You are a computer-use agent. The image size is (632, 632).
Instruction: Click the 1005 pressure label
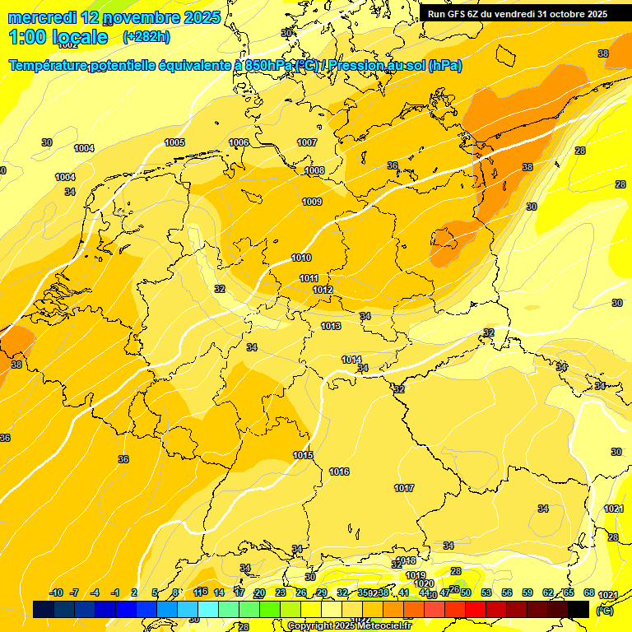pyautogui.click(x=174, y=142)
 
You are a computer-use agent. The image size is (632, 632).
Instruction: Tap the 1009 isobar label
pyautogui.click(x=312, y=202)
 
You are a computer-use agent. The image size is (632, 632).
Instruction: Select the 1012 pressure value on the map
pyautogui.click(x=323, y=290)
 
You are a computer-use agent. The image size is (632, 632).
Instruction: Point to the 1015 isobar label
pyautogui.click(x=303, y=455)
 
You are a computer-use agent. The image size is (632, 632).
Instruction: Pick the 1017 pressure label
pyautogui.click(x=404, y=488)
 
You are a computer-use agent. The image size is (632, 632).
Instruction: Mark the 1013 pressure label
pyautogui.click(x=332, y=327)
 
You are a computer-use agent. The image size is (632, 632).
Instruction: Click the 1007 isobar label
pyautogui.click(x=307, y=142)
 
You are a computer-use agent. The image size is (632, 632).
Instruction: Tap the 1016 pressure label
pyautogui.click(x=339, y=472)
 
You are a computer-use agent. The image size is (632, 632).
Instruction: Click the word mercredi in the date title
pyautogui.click(x=43, y=17)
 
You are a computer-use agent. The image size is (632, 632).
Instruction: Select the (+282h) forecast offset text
pyautogui.click(x=146, y=37)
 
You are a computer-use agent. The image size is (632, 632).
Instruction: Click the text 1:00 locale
pyautogui.click(x=58, y=37)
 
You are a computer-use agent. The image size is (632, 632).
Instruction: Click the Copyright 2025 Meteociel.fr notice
pyautogui.click(x=349, y=625)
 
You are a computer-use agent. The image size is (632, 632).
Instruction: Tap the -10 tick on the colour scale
pyautogui.click(x=56, y=592)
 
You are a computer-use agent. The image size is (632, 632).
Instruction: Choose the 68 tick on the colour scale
pyautogui.click(x=589, y=592)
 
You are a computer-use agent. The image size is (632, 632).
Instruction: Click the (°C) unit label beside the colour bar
pyautogui.click(x=604, y=610)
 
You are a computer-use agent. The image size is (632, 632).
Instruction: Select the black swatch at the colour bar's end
pyautogui.click(x=579, y=609)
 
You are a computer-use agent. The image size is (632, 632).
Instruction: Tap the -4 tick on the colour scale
pyautogui.click(x=95, y=592)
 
